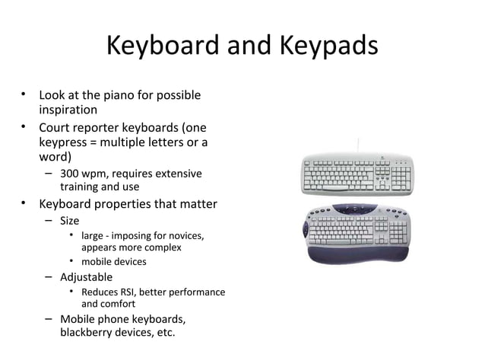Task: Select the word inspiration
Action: point(68,110)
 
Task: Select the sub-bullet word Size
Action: point(69,222)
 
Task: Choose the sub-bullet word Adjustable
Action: point(86,276)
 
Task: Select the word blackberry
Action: point(87,332)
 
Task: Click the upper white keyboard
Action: point(357,174)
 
